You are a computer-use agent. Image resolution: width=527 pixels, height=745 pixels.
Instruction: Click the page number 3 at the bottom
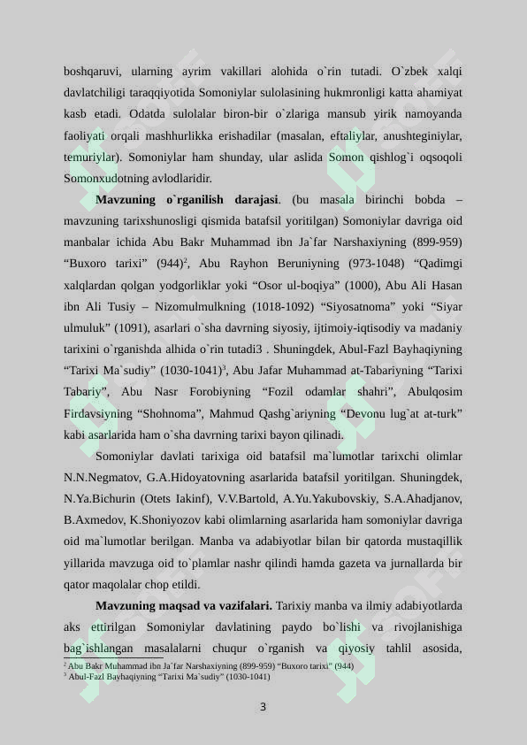[263, 707]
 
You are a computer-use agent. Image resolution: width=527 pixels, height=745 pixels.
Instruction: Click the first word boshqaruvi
[92, 71]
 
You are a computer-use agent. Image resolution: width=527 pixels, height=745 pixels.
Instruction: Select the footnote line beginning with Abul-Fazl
[169, 676]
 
